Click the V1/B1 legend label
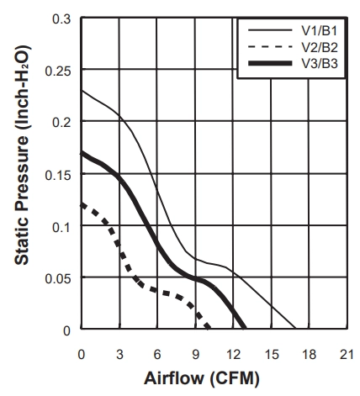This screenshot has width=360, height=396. (320, 30)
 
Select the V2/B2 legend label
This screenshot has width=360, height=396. (320, 47)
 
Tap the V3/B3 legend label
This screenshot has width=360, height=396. (320, 64)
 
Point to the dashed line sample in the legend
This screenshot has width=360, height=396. (270, 46)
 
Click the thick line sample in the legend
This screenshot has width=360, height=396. (270, 63)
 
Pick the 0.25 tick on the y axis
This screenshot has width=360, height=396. (58, 71)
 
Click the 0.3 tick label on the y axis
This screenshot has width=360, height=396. (61, 18)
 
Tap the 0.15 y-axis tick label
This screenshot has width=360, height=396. (58, 175)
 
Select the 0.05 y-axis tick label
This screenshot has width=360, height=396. (58, 279)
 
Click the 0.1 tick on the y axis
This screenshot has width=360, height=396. (61, 227)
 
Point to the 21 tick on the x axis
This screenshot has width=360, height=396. (347, 355)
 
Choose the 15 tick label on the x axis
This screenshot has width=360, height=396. (272, 355)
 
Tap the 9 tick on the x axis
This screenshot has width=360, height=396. (196, 355)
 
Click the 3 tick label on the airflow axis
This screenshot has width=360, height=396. (119, 355)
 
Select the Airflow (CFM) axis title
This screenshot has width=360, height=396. (202, 378)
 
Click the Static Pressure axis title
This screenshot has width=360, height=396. (22, 155)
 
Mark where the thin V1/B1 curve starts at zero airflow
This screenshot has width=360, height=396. (82, 91)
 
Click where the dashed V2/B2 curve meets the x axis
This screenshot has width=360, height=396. (209, 328)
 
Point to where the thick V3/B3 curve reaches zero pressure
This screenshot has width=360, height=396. (245, 328)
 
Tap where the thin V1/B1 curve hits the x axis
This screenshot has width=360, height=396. (295, 328)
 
